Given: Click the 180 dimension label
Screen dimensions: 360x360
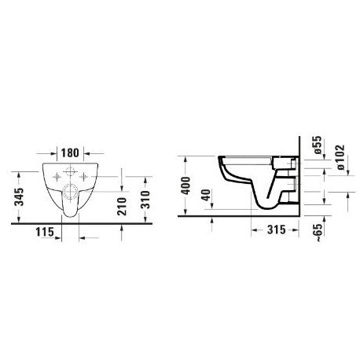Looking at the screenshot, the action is pos(70,152).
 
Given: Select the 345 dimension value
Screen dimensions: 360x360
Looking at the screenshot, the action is pos(19,197).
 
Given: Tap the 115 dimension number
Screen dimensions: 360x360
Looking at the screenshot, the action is pos(45,232).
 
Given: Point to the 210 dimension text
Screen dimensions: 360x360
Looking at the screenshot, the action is pos(122,207).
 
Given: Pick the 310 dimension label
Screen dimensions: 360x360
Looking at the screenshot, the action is pos(145,200).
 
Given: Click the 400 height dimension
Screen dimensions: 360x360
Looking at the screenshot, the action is pos(186,186).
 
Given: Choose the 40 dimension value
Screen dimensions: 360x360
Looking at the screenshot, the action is pos(207,195).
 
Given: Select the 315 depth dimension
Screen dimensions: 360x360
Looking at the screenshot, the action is pos(277,230).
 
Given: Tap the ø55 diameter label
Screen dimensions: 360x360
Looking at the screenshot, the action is pos(317,145).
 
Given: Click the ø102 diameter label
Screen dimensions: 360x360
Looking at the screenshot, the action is pos(340,157).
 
